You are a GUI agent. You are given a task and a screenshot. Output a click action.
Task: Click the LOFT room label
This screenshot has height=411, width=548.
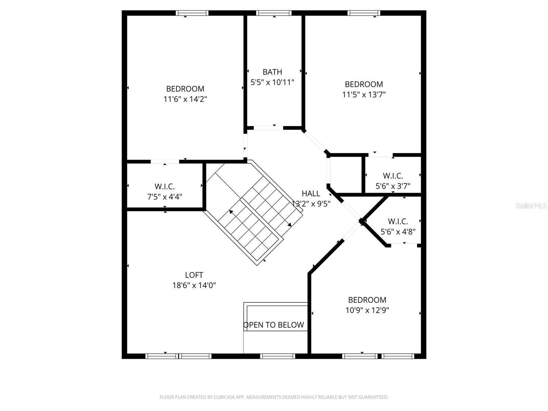(x=194, y=275)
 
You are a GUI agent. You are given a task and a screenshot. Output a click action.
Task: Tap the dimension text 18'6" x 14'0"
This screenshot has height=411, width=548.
(x=194, y=285)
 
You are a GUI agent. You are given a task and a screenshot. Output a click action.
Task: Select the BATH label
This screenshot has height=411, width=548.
(x=272, y=72)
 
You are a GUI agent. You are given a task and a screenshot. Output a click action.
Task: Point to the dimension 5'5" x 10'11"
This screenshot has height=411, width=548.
(x=272, y=82)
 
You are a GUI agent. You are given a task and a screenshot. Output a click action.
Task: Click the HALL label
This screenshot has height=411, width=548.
(x=311, y=194)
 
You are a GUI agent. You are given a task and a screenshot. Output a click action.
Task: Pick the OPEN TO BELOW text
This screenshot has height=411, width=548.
(x=274, y=325)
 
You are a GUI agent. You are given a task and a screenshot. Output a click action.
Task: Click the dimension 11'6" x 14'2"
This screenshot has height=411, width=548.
(x=185, y=99)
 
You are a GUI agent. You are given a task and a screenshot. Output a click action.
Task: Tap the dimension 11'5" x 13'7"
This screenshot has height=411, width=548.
(x=364, y=95)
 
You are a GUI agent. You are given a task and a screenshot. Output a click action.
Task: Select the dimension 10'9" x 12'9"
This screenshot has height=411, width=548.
(x=367, y=310)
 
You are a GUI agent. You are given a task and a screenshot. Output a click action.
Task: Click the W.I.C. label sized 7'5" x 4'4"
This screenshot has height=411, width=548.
(x=164, y=187)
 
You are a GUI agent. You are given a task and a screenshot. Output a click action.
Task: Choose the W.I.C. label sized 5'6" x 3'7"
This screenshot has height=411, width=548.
(x=393, y=176)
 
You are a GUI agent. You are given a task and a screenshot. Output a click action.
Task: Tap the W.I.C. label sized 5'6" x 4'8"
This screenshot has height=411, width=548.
(x=398, y=222)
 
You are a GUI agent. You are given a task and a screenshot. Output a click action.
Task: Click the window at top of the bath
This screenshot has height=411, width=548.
(x=274, y=13)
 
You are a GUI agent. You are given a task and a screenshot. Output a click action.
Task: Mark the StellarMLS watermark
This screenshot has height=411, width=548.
(x=531, y=206)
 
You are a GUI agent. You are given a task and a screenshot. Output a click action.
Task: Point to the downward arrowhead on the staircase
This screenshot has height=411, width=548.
(x=289, y=225)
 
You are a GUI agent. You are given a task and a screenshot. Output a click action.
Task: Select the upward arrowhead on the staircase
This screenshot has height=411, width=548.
(x=231, y=212)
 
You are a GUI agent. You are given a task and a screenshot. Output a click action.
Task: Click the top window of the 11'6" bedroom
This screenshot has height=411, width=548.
(x=192, y=13)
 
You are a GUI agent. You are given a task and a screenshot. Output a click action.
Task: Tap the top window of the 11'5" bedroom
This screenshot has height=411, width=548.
(x=364, y=13)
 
